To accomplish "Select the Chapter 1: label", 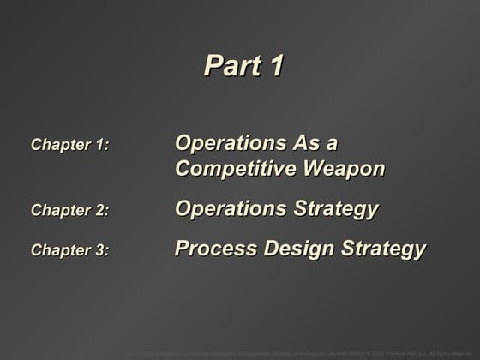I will (70, 145).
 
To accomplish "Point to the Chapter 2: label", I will (70, 211).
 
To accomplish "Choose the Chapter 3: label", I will (70, 250).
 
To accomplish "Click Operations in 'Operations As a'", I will (231, 142).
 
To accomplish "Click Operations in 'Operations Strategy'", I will (231, 208).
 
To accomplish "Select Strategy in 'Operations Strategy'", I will (335, 209).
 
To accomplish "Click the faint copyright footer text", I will (299, 351).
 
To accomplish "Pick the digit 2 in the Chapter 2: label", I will (99, 211).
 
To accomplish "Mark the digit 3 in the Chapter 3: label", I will (99, 250).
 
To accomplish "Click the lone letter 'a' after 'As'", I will (345, 142).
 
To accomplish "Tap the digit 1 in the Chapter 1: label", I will (99, 145).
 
